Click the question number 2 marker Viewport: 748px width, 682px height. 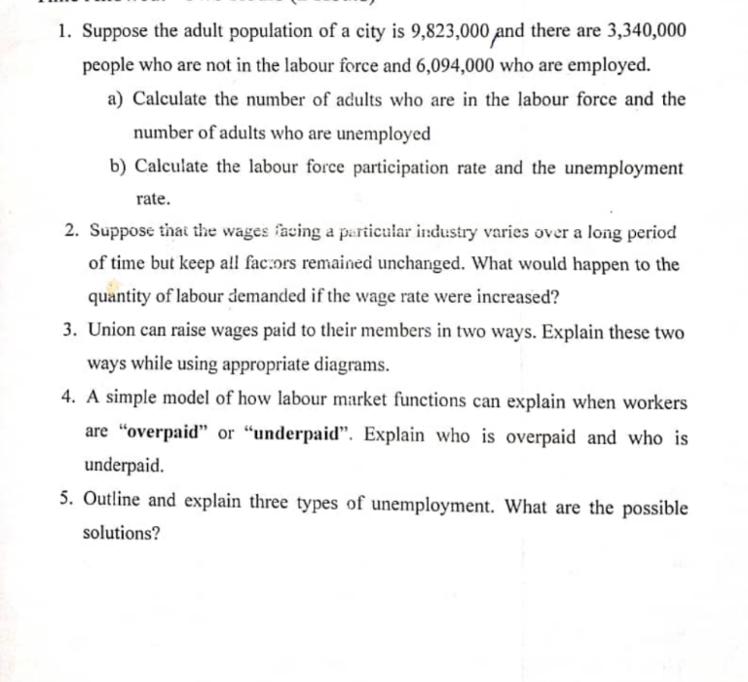coord(71,232)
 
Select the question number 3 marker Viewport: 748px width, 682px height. coord(71,332)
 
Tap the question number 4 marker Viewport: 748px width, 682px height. coord(69,401)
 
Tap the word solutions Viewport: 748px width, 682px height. coord(122,534)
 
